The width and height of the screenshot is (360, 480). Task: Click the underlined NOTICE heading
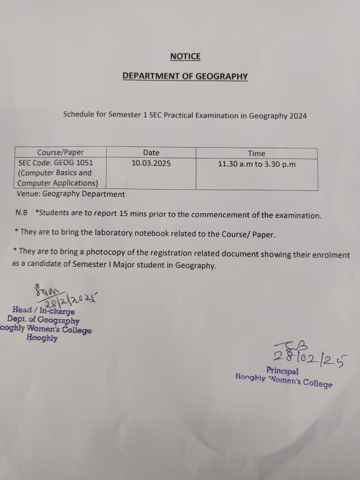[x=185, y=57]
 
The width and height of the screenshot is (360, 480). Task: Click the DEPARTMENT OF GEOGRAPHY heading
[x=185, y=76]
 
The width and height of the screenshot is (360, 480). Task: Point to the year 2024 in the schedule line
[x=298, y=116]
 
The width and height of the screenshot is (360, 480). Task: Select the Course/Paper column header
[x=60, y=152]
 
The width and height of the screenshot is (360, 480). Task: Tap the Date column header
[x=151, y=153]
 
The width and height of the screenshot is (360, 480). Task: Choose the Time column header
[x=256, y=153]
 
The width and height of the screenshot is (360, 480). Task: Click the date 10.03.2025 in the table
[x=151, y=163]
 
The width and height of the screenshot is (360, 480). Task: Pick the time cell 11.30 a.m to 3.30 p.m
[x=256, y=164]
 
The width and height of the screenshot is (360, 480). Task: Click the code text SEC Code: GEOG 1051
[x=55, y=163]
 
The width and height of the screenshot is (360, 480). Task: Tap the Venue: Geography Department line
[x=71, y=194]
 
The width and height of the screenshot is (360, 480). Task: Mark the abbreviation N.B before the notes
[x=21, y=213]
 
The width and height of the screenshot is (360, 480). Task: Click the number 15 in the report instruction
[x=123, y=214]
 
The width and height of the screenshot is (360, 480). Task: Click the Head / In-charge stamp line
[x=43, y=310]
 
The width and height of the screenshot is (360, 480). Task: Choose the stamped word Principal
[x=282, y=371]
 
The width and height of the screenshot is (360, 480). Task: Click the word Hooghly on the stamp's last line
[x=42, y=338]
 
